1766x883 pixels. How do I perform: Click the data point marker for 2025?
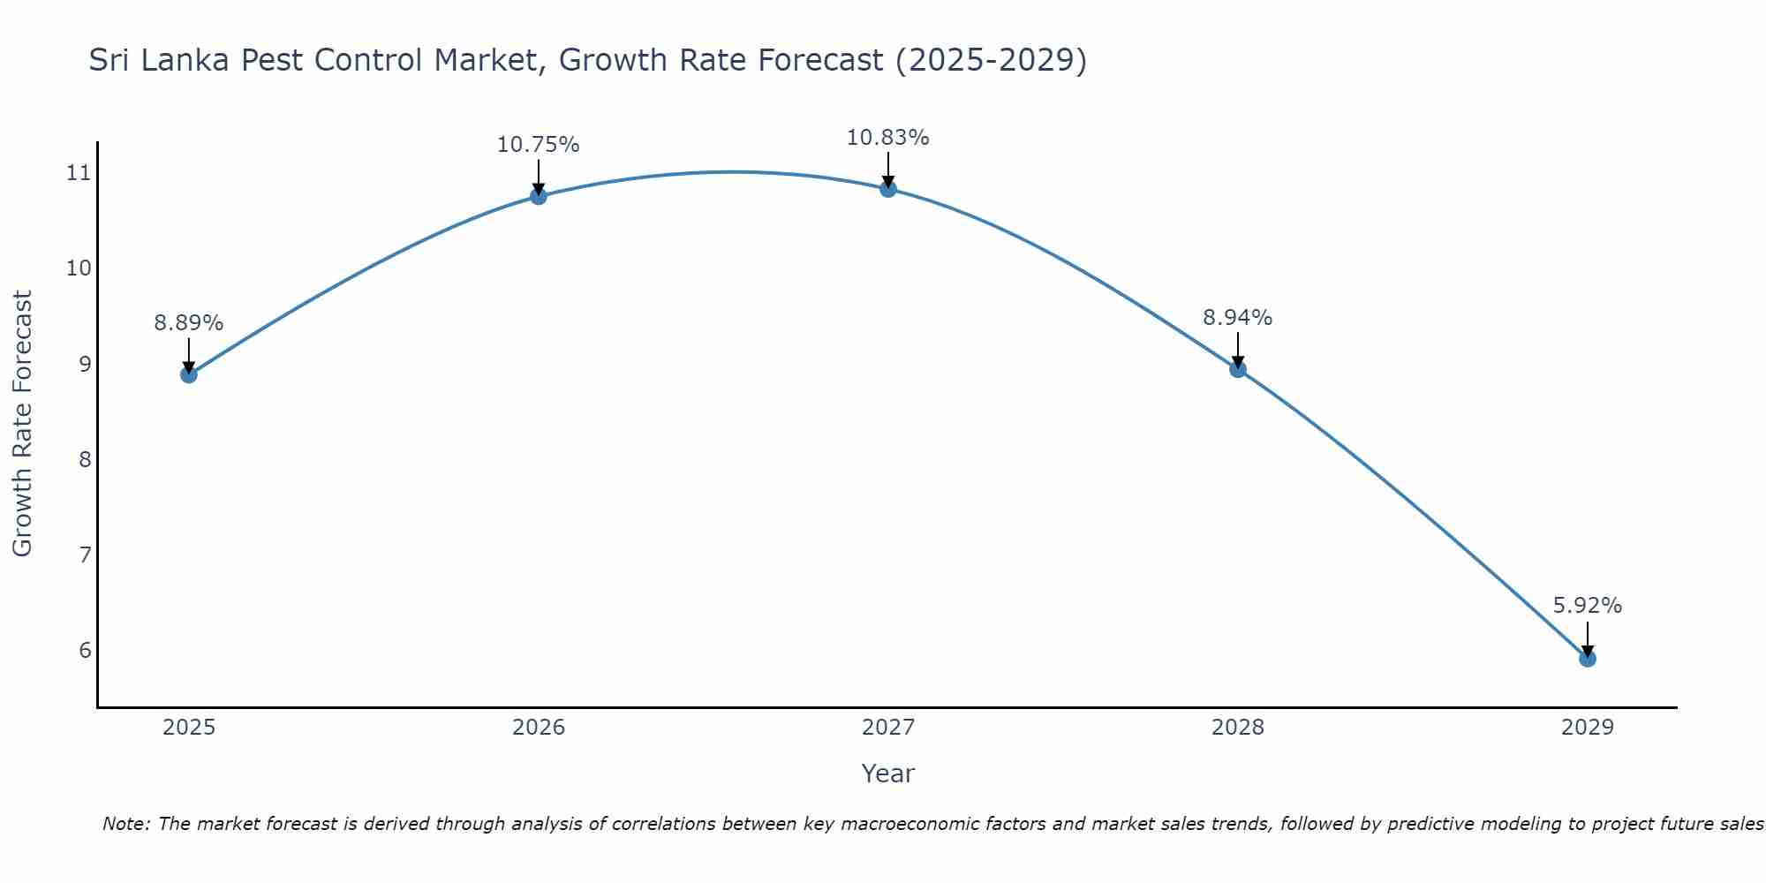pos(189,374)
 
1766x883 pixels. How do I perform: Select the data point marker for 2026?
pos(539,196)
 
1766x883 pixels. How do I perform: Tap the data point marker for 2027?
pos(888,189)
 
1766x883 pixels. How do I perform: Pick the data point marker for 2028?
pos(1238,369)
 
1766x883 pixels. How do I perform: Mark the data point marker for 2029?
pos(1588,659)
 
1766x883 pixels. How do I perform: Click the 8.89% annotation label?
pos(189,323)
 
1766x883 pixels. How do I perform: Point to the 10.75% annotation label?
pos(539,145)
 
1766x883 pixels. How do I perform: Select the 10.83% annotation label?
pos(888,138)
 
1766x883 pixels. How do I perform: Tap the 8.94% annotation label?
pos(1238,318)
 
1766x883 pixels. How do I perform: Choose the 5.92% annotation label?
pos(1588,606)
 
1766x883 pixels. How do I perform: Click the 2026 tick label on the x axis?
pos(539,728)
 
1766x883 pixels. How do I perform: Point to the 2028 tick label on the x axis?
pos(1238,728)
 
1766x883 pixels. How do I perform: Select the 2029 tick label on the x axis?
pos(1588,728)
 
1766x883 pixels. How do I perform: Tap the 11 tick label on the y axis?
pos(79,172)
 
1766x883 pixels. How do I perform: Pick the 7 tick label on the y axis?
pos(85,555)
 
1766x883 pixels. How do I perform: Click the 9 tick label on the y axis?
pos(85,364)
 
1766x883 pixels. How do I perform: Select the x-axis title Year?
pos(888,774)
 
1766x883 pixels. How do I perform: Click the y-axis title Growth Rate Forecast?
pos(23,424)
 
